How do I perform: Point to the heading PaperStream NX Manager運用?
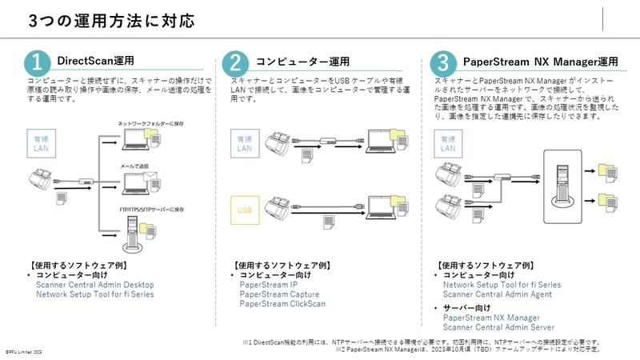(x=540, y=61)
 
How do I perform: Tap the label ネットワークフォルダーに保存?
(x=150, y=123)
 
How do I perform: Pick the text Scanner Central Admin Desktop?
(x=95, y=285)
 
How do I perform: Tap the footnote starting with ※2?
(x=468, y=350)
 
